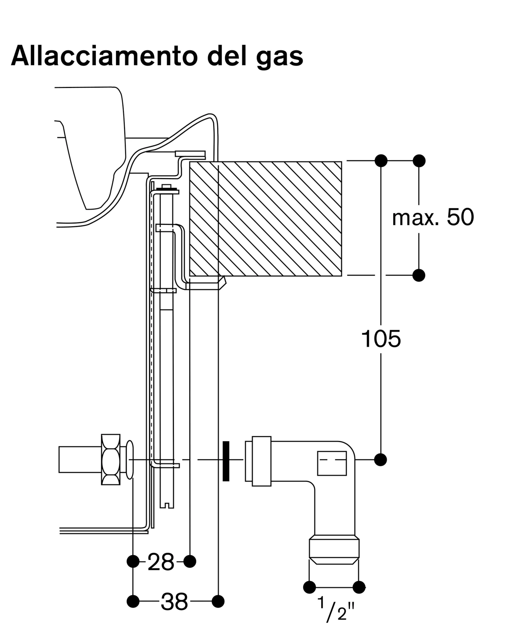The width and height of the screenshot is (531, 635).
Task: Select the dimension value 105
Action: [x=381, y=339]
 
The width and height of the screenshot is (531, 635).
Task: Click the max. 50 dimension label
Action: [x=433, y=218]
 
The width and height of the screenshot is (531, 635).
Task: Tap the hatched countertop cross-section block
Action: [x=265, y=219]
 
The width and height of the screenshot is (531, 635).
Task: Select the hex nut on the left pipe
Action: [x=111, y=459]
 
